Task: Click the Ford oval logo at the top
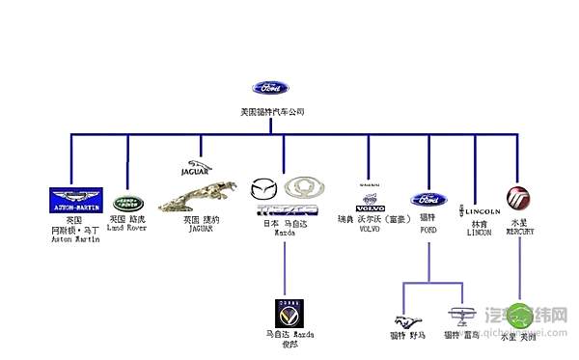click(x=270, y=88)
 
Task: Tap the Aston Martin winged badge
click(x=75, y=200)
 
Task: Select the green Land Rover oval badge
click(x=126, y=204)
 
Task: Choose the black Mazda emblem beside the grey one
click(x=263, y=187)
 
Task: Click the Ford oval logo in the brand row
click(x=428, y=200)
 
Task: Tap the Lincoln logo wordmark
click(x=480, y=209)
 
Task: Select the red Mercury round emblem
click(x=519, y=199)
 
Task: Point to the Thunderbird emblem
click(x=459, y=317)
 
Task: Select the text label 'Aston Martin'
click(x=75, y=239)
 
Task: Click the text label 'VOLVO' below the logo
click(x=370, y=230)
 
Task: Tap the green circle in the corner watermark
click(x=520, y=314)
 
